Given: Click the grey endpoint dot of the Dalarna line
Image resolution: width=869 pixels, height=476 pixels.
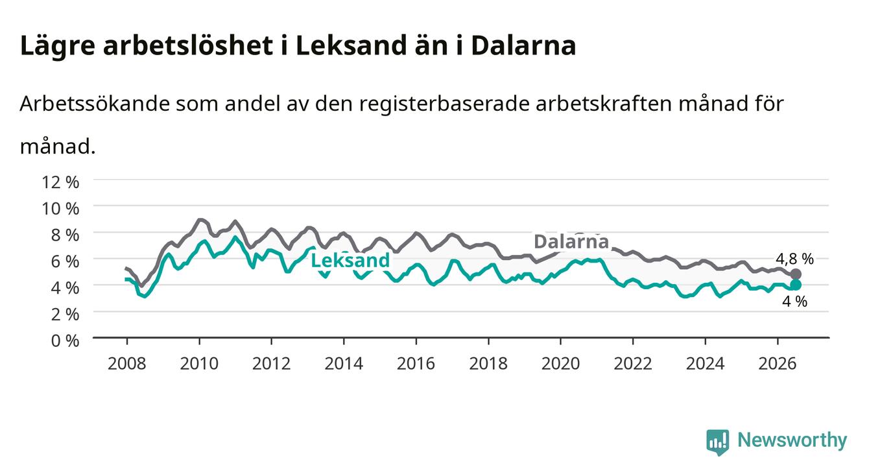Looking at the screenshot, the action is [x=795, y=274].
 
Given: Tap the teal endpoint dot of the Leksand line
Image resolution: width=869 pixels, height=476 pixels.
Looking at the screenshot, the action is [x=795, y=285].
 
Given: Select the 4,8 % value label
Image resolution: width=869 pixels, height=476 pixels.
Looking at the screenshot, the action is [x=794, y=259].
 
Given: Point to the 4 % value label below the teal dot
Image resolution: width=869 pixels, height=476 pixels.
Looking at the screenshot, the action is [x=794, y=302].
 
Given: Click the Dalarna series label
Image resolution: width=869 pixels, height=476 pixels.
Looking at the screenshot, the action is [x=571, y=242].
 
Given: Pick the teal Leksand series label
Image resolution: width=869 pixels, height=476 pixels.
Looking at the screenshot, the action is [x=350, y=260].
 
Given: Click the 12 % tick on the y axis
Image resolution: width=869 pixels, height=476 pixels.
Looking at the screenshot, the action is [x=60, y=182].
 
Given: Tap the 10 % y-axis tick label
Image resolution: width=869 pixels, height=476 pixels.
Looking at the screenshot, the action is [x=60, y=209].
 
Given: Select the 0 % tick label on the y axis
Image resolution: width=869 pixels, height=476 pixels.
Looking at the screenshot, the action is [x=65, y=340].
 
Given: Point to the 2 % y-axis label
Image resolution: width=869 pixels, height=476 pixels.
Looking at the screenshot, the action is [x=65, y=315].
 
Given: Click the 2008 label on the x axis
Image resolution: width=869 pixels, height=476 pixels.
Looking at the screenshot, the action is [x=127, y=364].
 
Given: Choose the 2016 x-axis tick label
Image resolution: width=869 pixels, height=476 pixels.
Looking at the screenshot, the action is [x=416, y=364].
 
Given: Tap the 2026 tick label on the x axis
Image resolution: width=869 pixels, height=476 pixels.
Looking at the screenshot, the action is [x=778, y=364].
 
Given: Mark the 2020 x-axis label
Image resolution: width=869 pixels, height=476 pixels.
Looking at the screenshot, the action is [x=560, y=364].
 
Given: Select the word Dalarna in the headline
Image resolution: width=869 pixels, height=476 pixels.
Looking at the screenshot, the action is [x=523, y=46].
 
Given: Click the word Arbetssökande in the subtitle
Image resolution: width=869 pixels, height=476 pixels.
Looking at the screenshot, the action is [x=95, y=104].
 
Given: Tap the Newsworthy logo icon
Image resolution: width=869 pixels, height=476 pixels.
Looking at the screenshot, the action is [x=718, y=442].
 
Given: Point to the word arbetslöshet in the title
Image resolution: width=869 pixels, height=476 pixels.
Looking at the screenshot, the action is [x=188, y=46].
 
